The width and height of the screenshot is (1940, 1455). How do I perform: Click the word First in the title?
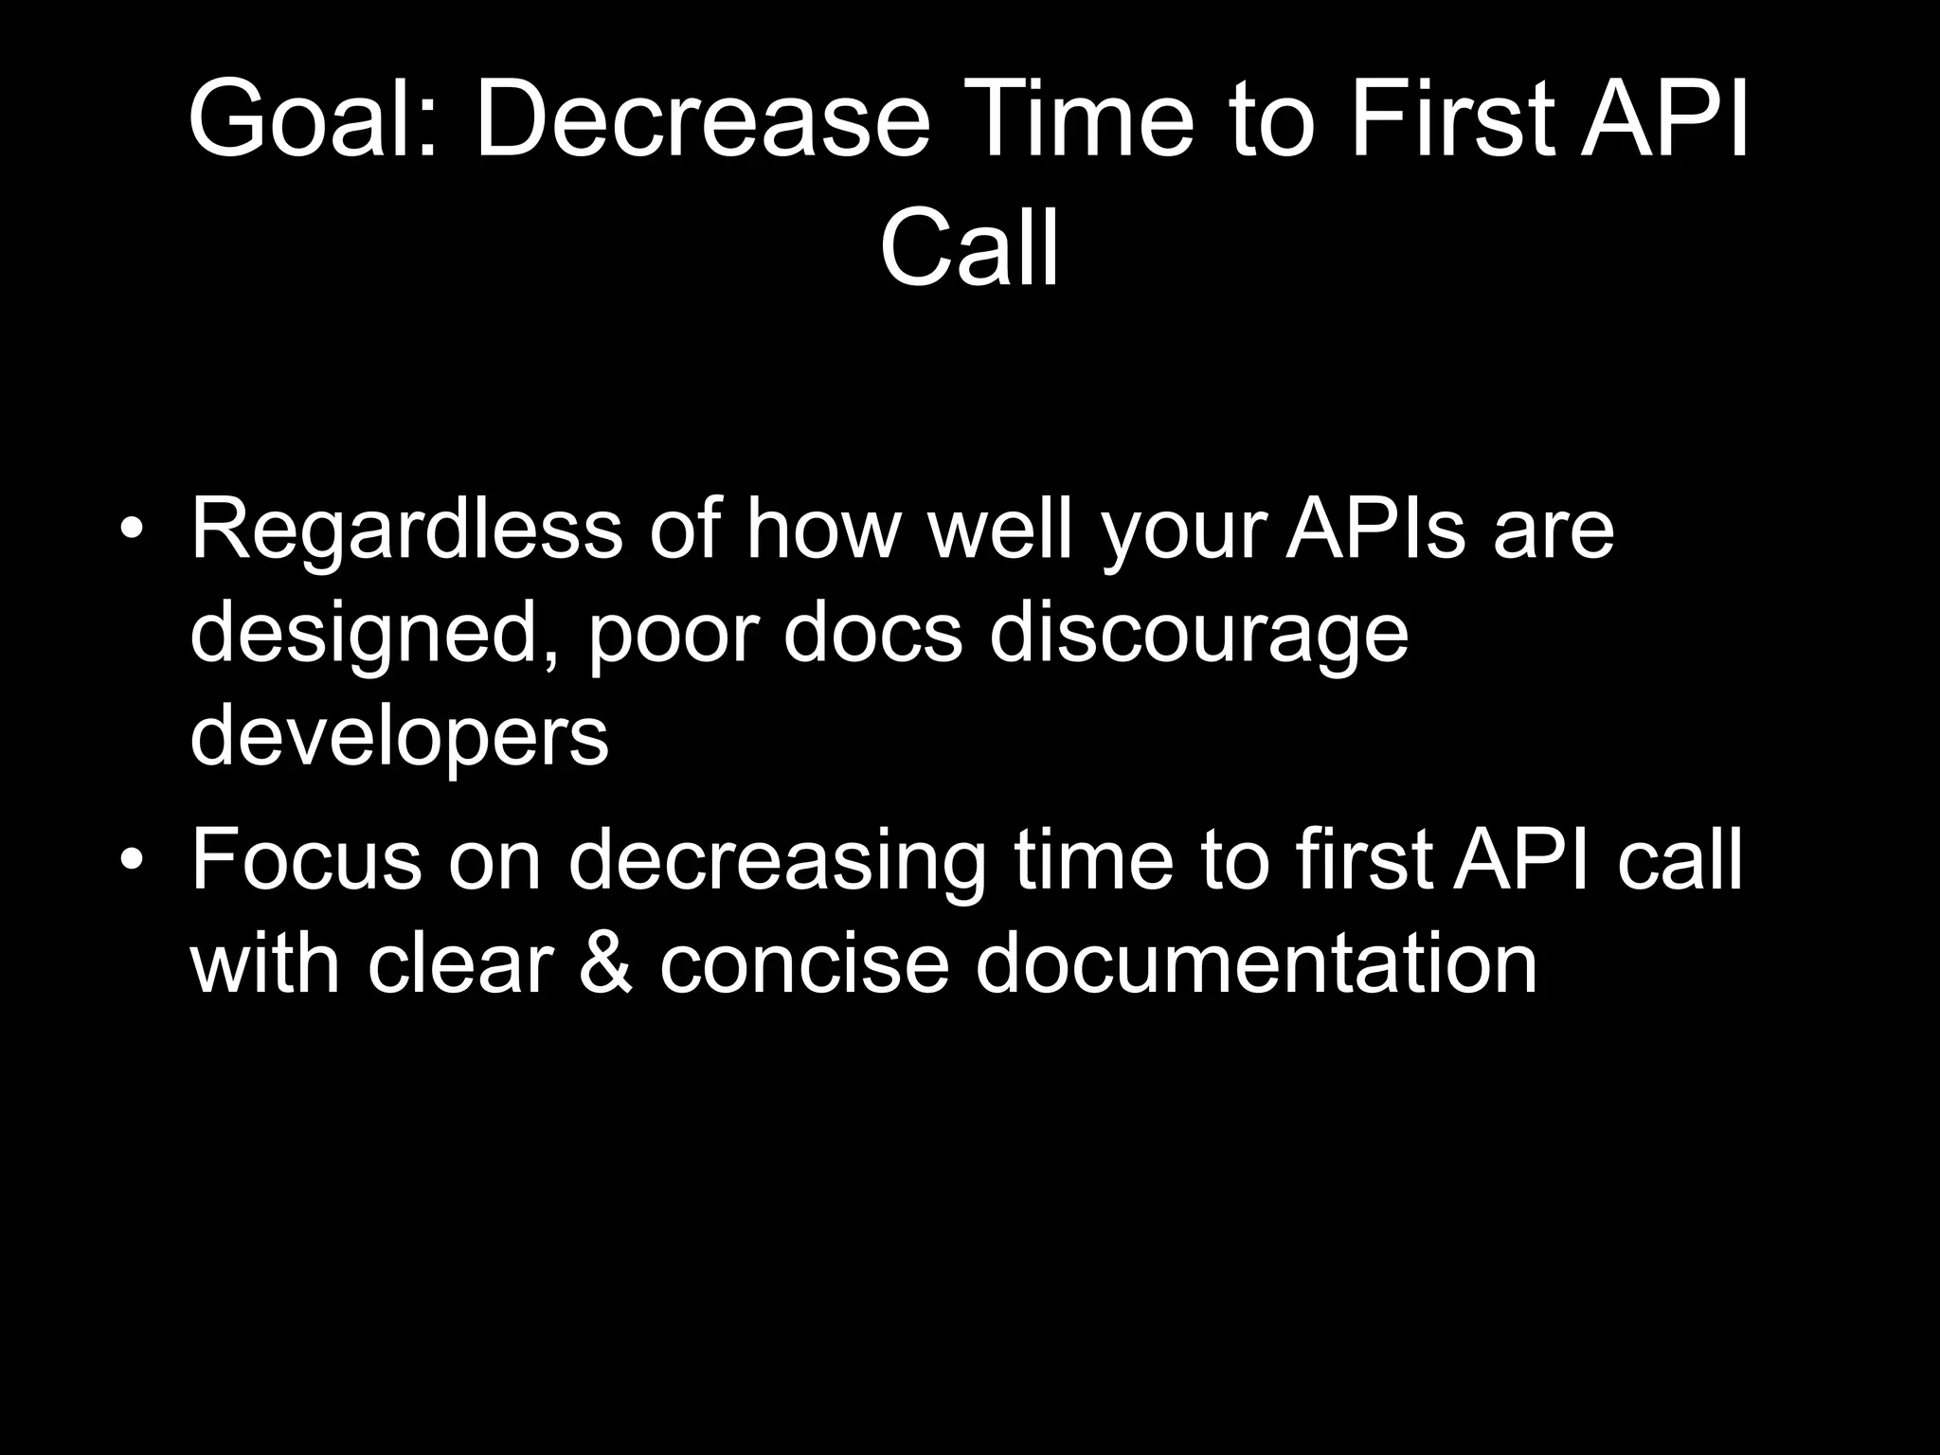click(x=1450, y=122)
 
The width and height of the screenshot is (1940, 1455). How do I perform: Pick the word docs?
click(x=872, y=634)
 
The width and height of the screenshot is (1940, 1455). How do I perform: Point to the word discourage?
click(x=1198, y=634)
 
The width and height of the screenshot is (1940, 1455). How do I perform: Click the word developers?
click(x=399, y=738)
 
